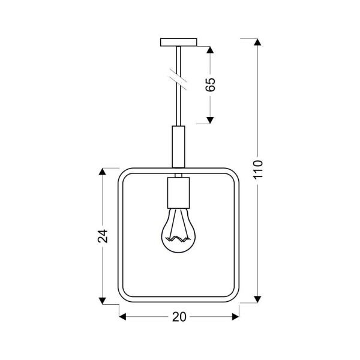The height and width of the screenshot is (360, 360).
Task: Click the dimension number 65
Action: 210,85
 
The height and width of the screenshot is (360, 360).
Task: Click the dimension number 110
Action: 258,171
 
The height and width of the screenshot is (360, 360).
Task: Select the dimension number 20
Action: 178,317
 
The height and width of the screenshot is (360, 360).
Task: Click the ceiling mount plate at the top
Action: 179,43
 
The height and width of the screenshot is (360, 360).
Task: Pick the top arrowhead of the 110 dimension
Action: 258,43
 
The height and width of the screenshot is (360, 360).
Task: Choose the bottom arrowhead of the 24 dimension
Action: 103,298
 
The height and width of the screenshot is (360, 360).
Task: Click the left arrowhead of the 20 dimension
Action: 122,317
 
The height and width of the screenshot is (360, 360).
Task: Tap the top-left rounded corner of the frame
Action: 123,175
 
